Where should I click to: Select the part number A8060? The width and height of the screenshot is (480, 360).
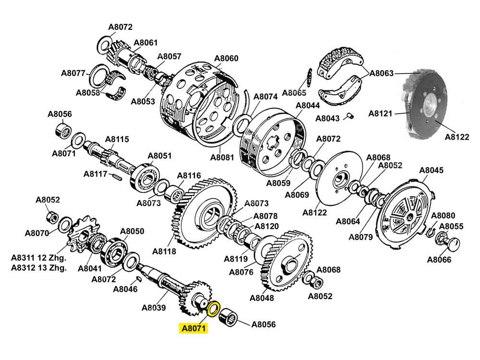click(x=226, y=59)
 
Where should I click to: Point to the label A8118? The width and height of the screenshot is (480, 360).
click(x=164, y=251)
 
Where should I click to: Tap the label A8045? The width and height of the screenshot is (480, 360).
click(x=432, y=170)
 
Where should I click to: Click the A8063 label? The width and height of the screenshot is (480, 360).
click(x=382, y=73)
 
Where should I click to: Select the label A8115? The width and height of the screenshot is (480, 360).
click(x=117, y=139)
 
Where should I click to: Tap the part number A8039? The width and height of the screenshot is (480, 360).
click(x=154, y=308)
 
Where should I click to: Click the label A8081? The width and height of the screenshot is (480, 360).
click(x=222, y=157)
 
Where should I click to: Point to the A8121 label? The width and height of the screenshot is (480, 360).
click(x=381, y=113)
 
